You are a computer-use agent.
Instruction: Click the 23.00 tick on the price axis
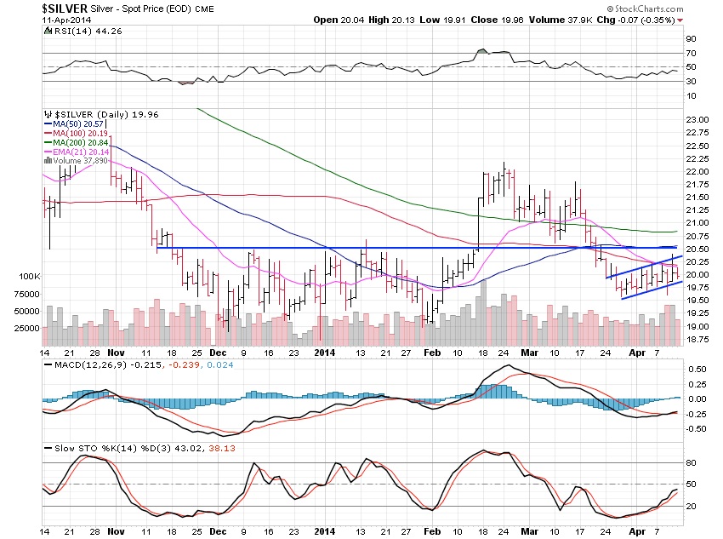tap(697, 120)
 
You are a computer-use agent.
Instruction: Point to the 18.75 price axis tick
tap(697, 339)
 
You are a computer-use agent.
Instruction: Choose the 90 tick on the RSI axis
tap(691, 39)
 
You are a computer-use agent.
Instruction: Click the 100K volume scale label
tap(30, 277)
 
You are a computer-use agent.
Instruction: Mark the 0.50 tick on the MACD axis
tap(697, 370)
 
